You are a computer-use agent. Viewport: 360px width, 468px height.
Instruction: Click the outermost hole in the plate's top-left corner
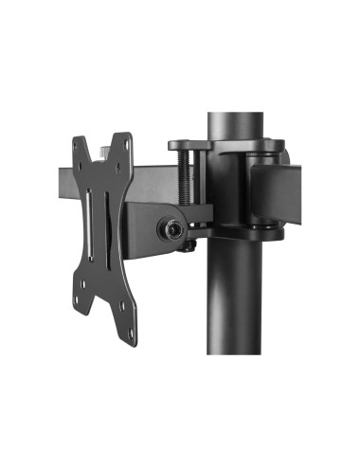79,144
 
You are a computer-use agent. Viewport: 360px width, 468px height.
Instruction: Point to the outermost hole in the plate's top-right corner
126,143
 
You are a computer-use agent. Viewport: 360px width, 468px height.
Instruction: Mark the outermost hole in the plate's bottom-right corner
127,305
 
